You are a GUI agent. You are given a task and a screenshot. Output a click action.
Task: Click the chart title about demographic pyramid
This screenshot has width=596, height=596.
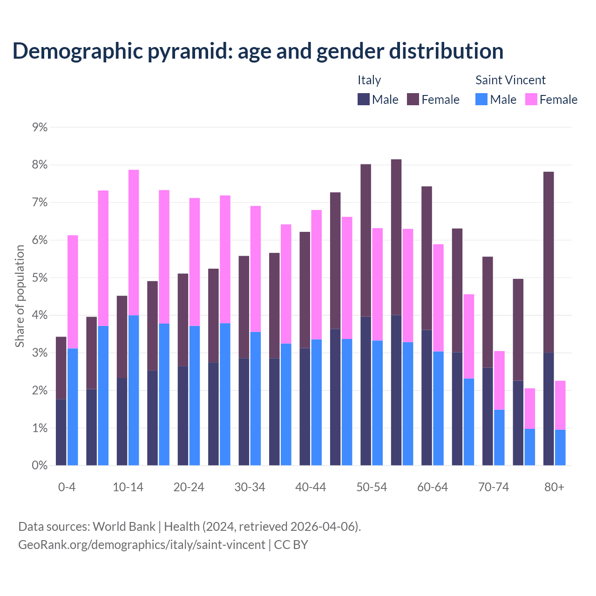coord(258,51)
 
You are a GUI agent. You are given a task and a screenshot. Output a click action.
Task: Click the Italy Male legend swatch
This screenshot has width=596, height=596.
coord(364,100)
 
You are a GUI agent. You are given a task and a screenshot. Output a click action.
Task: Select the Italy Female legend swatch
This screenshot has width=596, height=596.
coord(413,100)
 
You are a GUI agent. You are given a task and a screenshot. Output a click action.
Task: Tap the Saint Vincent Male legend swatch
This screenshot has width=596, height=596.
coord(481,100)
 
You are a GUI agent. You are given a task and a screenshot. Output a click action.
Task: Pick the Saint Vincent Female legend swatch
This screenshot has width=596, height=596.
coord(531,100)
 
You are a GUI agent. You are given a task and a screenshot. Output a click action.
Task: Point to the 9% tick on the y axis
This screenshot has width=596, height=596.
coord(40,127)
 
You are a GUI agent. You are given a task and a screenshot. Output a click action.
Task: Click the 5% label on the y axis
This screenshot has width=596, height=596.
coord(40,278)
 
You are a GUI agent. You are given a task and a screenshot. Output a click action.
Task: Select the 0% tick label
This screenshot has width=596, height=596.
coord(40,466)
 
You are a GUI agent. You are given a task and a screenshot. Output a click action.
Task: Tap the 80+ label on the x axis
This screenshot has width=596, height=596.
coord(554,488)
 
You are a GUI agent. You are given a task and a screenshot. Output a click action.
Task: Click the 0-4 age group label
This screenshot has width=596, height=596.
coord(67,488)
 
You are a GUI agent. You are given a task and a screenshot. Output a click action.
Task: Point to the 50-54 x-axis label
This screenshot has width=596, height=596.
coord(372,488)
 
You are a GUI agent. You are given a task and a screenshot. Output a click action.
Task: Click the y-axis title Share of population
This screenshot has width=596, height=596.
coord(20,296)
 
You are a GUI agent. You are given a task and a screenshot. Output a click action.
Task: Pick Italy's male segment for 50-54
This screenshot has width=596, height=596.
coord(366,391)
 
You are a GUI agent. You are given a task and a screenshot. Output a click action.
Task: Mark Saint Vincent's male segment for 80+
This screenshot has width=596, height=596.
coord(560,447)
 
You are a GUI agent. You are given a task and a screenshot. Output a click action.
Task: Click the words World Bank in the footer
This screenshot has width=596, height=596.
coord(124,527)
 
